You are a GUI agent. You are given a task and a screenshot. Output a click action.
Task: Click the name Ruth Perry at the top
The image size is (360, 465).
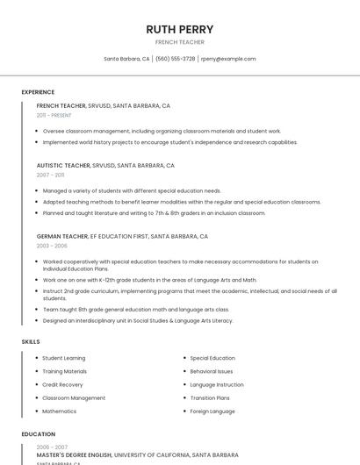pyautogui.click(x=179, y=29)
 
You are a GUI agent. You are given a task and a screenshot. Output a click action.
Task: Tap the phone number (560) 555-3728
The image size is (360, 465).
pyautogui.click(x=176, y=59)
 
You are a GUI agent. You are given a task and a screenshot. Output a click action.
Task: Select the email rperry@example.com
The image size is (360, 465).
pyautogui.click(x=228, y=59)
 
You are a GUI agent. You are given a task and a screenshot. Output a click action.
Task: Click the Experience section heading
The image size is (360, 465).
pyautogui.click(x=38, y=92)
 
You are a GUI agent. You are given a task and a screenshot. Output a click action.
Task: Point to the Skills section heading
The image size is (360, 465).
pyautogui.click(x=31, y=341)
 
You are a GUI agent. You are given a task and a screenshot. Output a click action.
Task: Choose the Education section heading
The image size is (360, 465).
pyautogui.click(x=38, y=434)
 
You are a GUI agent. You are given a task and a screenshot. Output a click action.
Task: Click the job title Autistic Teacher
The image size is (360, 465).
pyautogui.click(x=63, y=165)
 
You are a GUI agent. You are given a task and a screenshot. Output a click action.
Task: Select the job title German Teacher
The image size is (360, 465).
pyautogui.click(x=62, y=236)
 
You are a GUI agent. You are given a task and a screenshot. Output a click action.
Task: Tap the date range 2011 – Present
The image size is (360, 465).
pyautogui.click(x=54, y=115)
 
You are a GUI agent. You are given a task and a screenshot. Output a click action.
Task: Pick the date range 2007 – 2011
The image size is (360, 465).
pyautogui.click(x=50, y=175)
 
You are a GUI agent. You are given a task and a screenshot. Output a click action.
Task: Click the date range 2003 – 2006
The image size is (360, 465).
pyautogui.click(x=51, y=246)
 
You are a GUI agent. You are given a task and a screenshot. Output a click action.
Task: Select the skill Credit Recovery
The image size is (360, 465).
pyautogui.click(x=62, y=384)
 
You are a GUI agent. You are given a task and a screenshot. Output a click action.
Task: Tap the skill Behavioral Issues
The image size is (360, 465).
pyautogui.click(x=212, y=371)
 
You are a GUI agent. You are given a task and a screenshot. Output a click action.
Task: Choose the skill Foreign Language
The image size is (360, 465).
pyautogui.click(x=212, y=411)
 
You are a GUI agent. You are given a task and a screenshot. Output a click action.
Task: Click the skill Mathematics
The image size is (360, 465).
pyautogui.click(x=60, y=411)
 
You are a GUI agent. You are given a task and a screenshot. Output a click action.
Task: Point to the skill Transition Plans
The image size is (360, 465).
pyautogui.click(x=209, y=397)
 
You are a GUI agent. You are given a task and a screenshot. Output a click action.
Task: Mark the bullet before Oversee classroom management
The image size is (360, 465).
pyautogui.click(x=38, y=131)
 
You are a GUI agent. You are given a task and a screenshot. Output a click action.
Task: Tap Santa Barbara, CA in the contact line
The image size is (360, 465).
pyautogui.click(x=126, y=59)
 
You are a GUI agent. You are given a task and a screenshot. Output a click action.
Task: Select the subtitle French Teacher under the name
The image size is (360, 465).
pyautogui.click(x=179, y=42)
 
